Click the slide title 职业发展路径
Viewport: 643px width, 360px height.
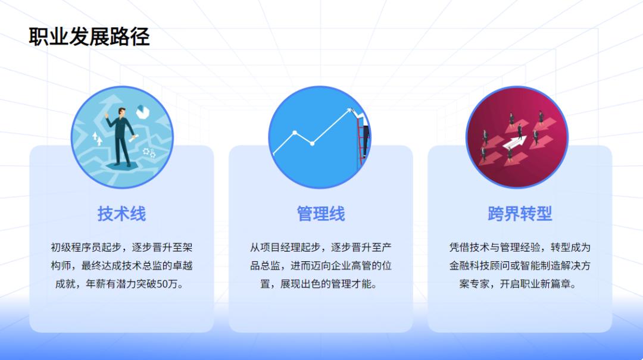[x=89, y=37]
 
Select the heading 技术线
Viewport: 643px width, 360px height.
[x=121, y=214]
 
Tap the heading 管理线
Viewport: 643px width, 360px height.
[x=321, y=214]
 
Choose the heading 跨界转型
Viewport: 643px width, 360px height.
[x=520, y=214]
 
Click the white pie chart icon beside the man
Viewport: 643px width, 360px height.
[x=143, y=111]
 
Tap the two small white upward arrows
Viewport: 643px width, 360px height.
[x=97, y=139]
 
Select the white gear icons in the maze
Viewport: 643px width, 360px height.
[x=149, y=153]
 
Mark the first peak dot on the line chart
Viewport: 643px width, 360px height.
[x=295, y=133]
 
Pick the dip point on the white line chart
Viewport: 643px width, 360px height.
[x=313, y=144]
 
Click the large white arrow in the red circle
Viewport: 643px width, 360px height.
[x=514, y=142]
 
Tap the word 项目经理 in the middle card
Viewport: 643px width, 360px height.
[x=280, y=248]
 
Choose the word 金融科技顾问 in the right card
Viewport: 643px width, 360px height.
[x=479, y=266]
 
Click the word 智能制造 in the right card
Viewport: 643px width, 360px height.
[x=540, y=266]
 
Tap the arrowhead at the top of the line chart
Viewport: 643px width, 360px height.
[x=350, y=110]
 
